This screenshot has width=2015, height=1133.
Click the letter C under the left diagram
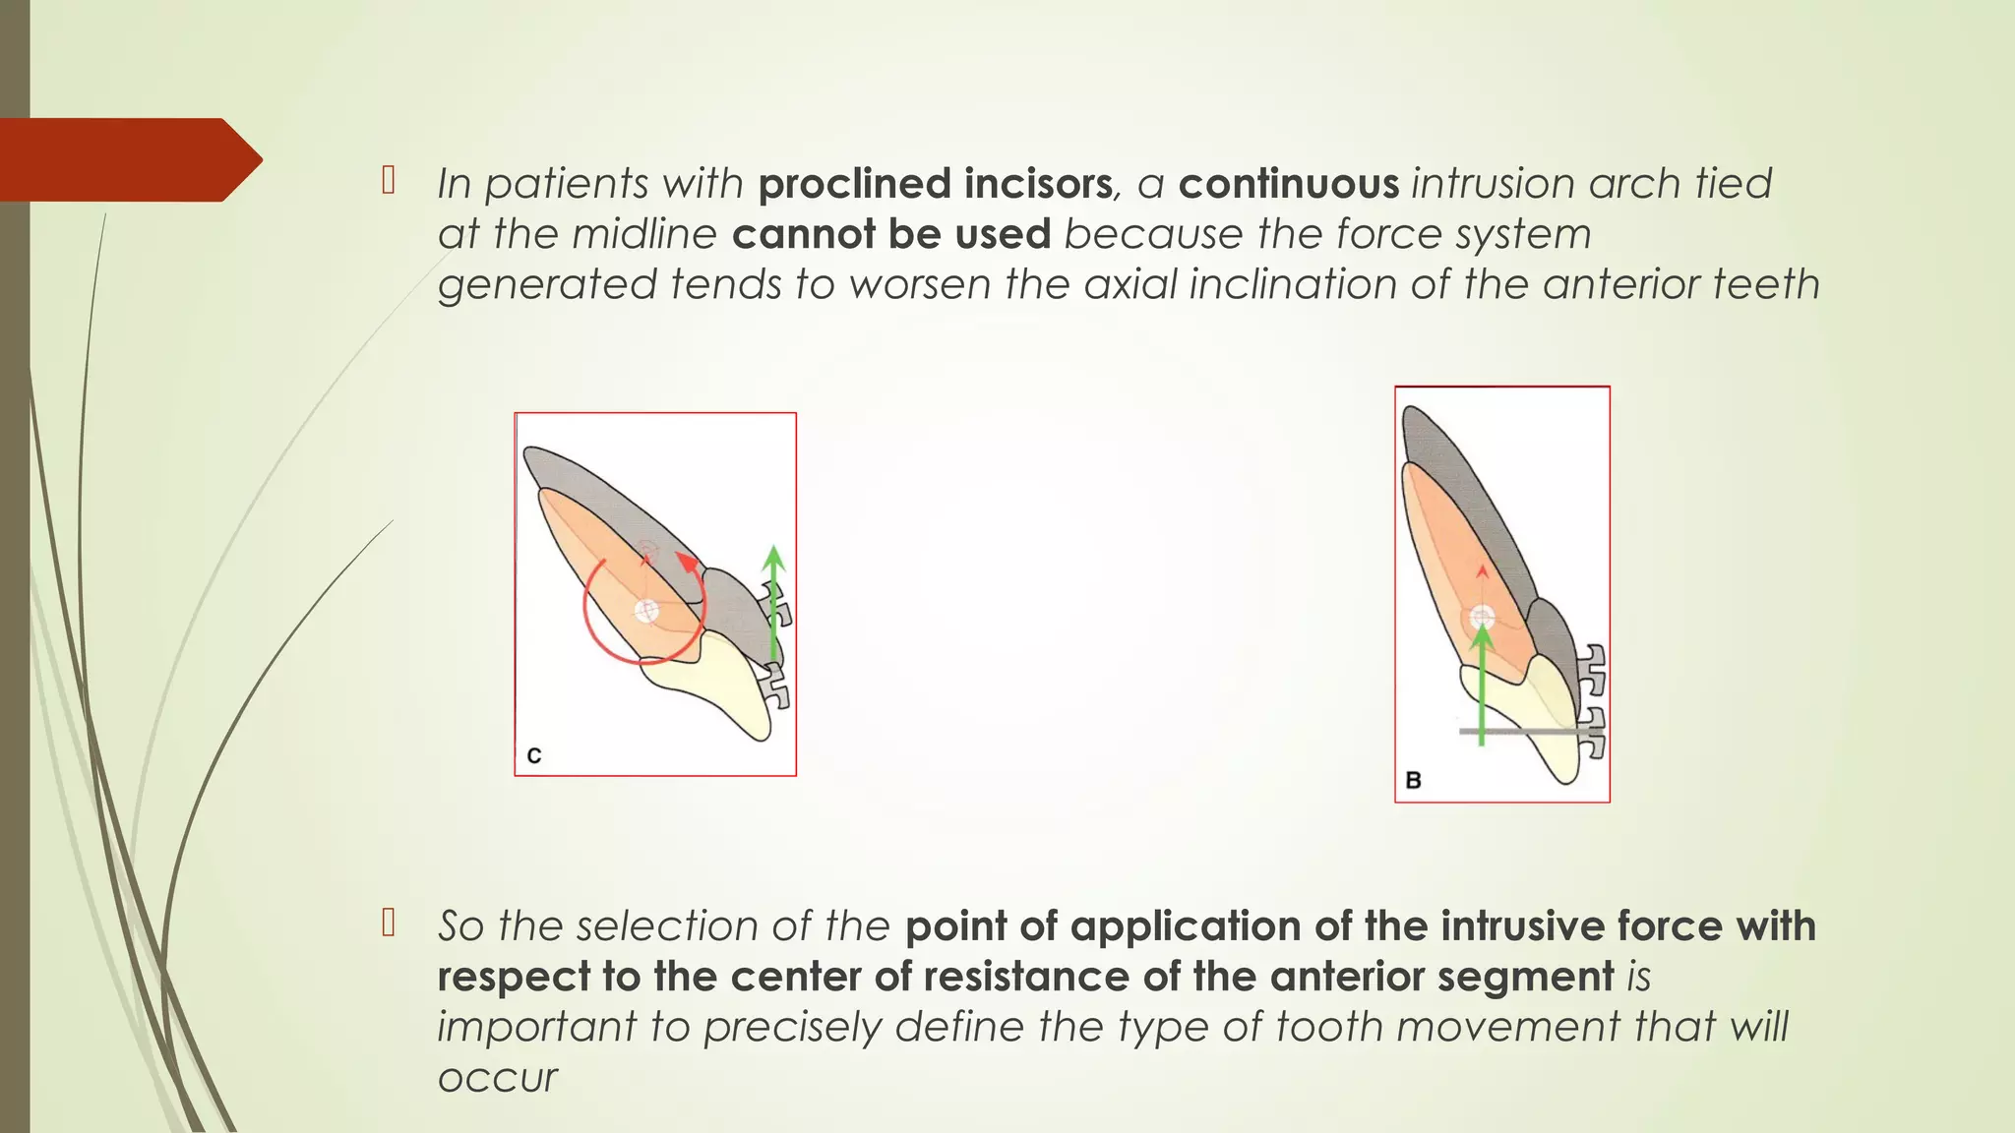(x=534, y=755)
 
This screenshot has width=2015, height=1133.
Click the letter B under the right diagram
(x=1414, y=780)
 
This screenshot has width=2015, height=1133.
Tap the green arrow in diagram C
(x=774, y=605)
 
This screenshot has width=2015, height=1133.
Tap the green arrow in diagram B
(x=1482, y=688)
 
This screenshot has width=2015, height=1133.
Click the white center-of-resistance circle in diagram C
(x=645, y=611)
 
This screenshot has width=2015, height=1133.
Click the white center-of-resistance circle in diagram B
(x=1483, y=618)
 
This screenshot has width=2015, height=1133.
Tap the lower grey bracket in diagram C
(x=776, y=686)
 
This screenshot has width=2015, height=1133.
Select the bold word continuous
(x=1288, y=184)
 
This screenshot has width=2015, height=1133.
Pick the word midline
(x=644, y=234)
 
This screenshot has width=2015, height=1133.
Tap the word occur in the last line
(x=497, y=1077)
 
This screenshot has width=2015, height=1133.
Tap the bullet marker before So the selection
(x=389, y=923)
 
